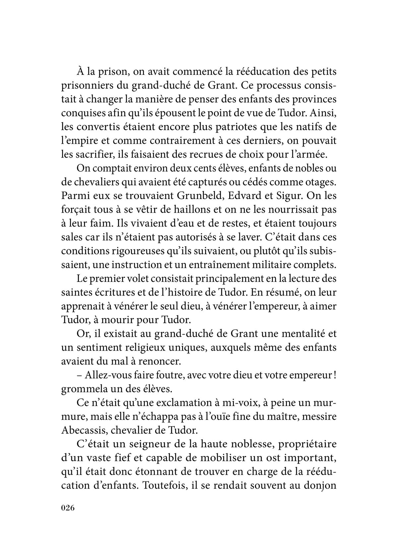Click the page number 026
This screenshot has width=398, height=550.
tap(69, 508)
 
